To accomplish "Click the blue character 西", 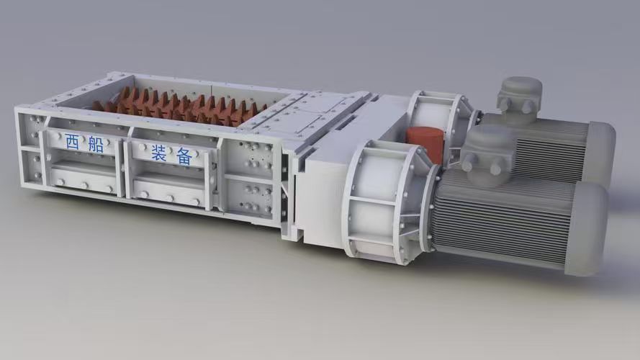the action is [72, 141].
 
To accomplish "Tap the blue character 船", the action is [96, 145].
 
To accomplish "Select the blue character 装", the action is [159, 153].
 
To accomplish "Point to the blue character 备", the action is [184, 156].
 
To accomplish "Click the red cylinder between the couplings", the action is [425, 145].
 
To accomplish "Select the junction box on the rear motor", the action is [520, 96].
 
